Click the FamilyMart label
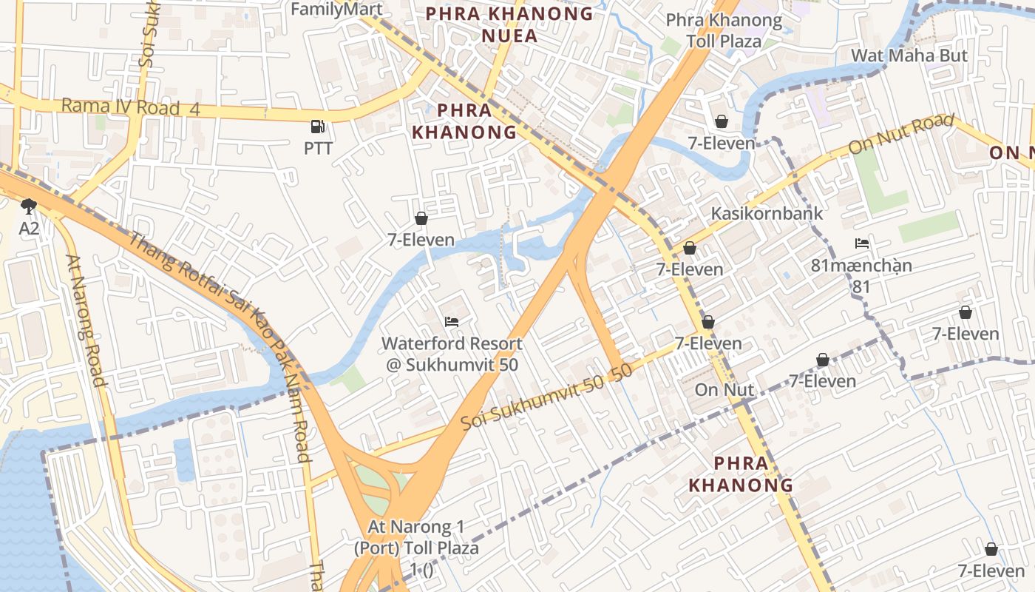coord(336,9)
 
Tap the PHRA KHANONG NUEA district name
coord(510,24)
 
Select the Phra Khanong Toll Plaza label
coord(724,30)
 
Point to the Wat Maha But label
coord(909,55)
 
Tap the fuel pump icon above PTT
coord(318,127)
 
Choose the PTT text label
coord(318,148)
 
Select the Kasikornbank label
coord(767,213)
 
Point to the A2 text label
coord(29,229)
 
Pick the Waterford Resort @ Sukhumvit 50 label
coord(452,354)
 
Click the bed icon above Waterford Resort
coord(451,322)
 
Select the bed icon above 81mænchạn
coord(861,243)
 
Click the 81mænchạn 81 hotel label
coord(861,275)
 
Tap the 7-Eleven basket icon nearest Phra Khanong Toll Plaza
coord(721,121)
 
